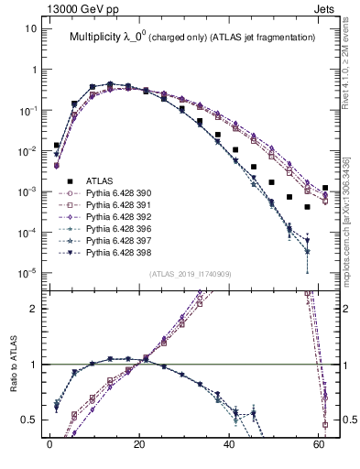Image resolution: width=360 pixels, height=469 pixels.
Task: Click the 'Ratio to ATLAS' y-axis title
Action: tap(14, 385)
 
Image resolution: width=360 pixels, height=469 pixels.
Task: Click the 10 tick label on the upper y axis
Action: tap(30, 28)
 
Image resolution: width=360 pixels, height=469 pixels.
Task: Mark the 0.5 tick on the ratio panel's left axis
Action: tap(30, 420)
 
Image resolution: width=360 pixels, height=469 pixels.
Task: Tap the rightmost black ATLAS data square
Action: tap(325, 188)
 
